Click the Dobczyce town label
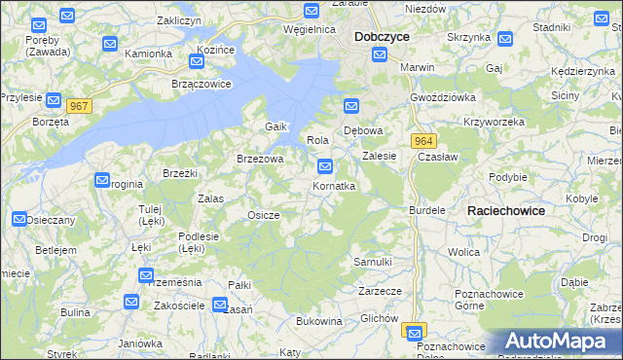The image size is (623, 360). [x=382, y=36]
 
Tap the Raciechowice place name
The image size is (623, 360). [x=505, y=210]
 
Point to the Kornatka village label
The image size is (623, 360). [x=334, y=185]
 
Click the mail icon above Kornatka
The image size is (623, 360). [x=326, y=166]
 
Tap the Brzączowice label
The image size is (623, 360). [x=202, y=84]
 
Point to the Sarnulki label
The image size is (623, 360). [x=373, y=262]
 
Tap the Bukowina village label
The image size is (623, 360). [x=318, y=320]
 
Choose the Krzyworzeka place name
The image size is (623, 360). [x=495, y=122]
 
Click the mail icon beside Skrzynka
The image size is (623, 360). [x=505, y=39]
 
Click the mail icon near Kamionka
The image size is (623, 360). [x=109, y=44]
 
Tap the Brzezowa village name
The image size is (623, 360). [x=260, y=159]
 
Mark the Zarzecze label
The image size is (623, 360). [x=380, y=290]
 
